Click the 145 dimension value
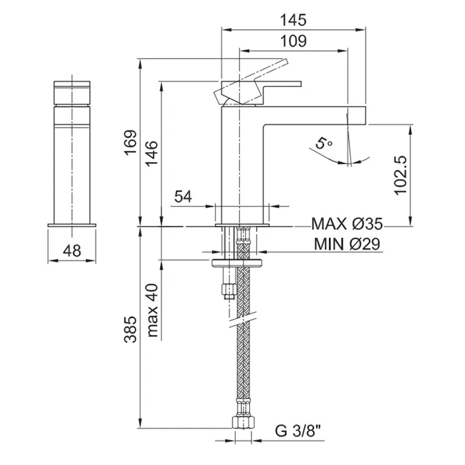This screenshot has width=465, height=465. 294,20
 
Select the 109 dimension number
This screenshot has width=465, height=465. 294,41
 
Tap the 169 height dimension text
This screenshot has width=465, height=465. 130,142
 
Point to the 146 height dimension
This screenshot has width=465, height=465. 151,153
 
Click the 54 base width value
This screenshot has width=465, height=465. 183,197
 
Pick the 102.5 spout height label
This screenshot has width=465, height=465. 401,175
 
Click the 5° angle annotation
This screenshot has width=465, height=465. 324,143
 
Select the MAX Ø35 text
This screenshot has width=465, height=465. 347,224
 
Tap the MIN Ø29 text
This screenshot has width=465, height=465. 347,244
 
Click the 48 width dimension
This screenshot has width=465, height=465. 72,251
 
